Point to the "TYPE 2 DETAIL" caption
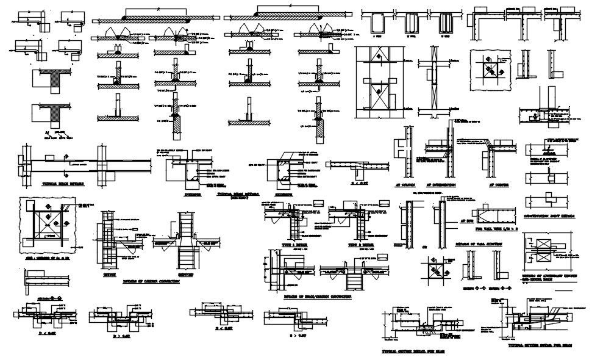pyautogui.click(x=360, y=244)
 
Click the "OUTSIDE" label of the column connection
pyautogui.click(x=110, y=275)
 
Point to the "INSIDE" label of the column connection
pyautogui.click(x=185, y=275)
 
